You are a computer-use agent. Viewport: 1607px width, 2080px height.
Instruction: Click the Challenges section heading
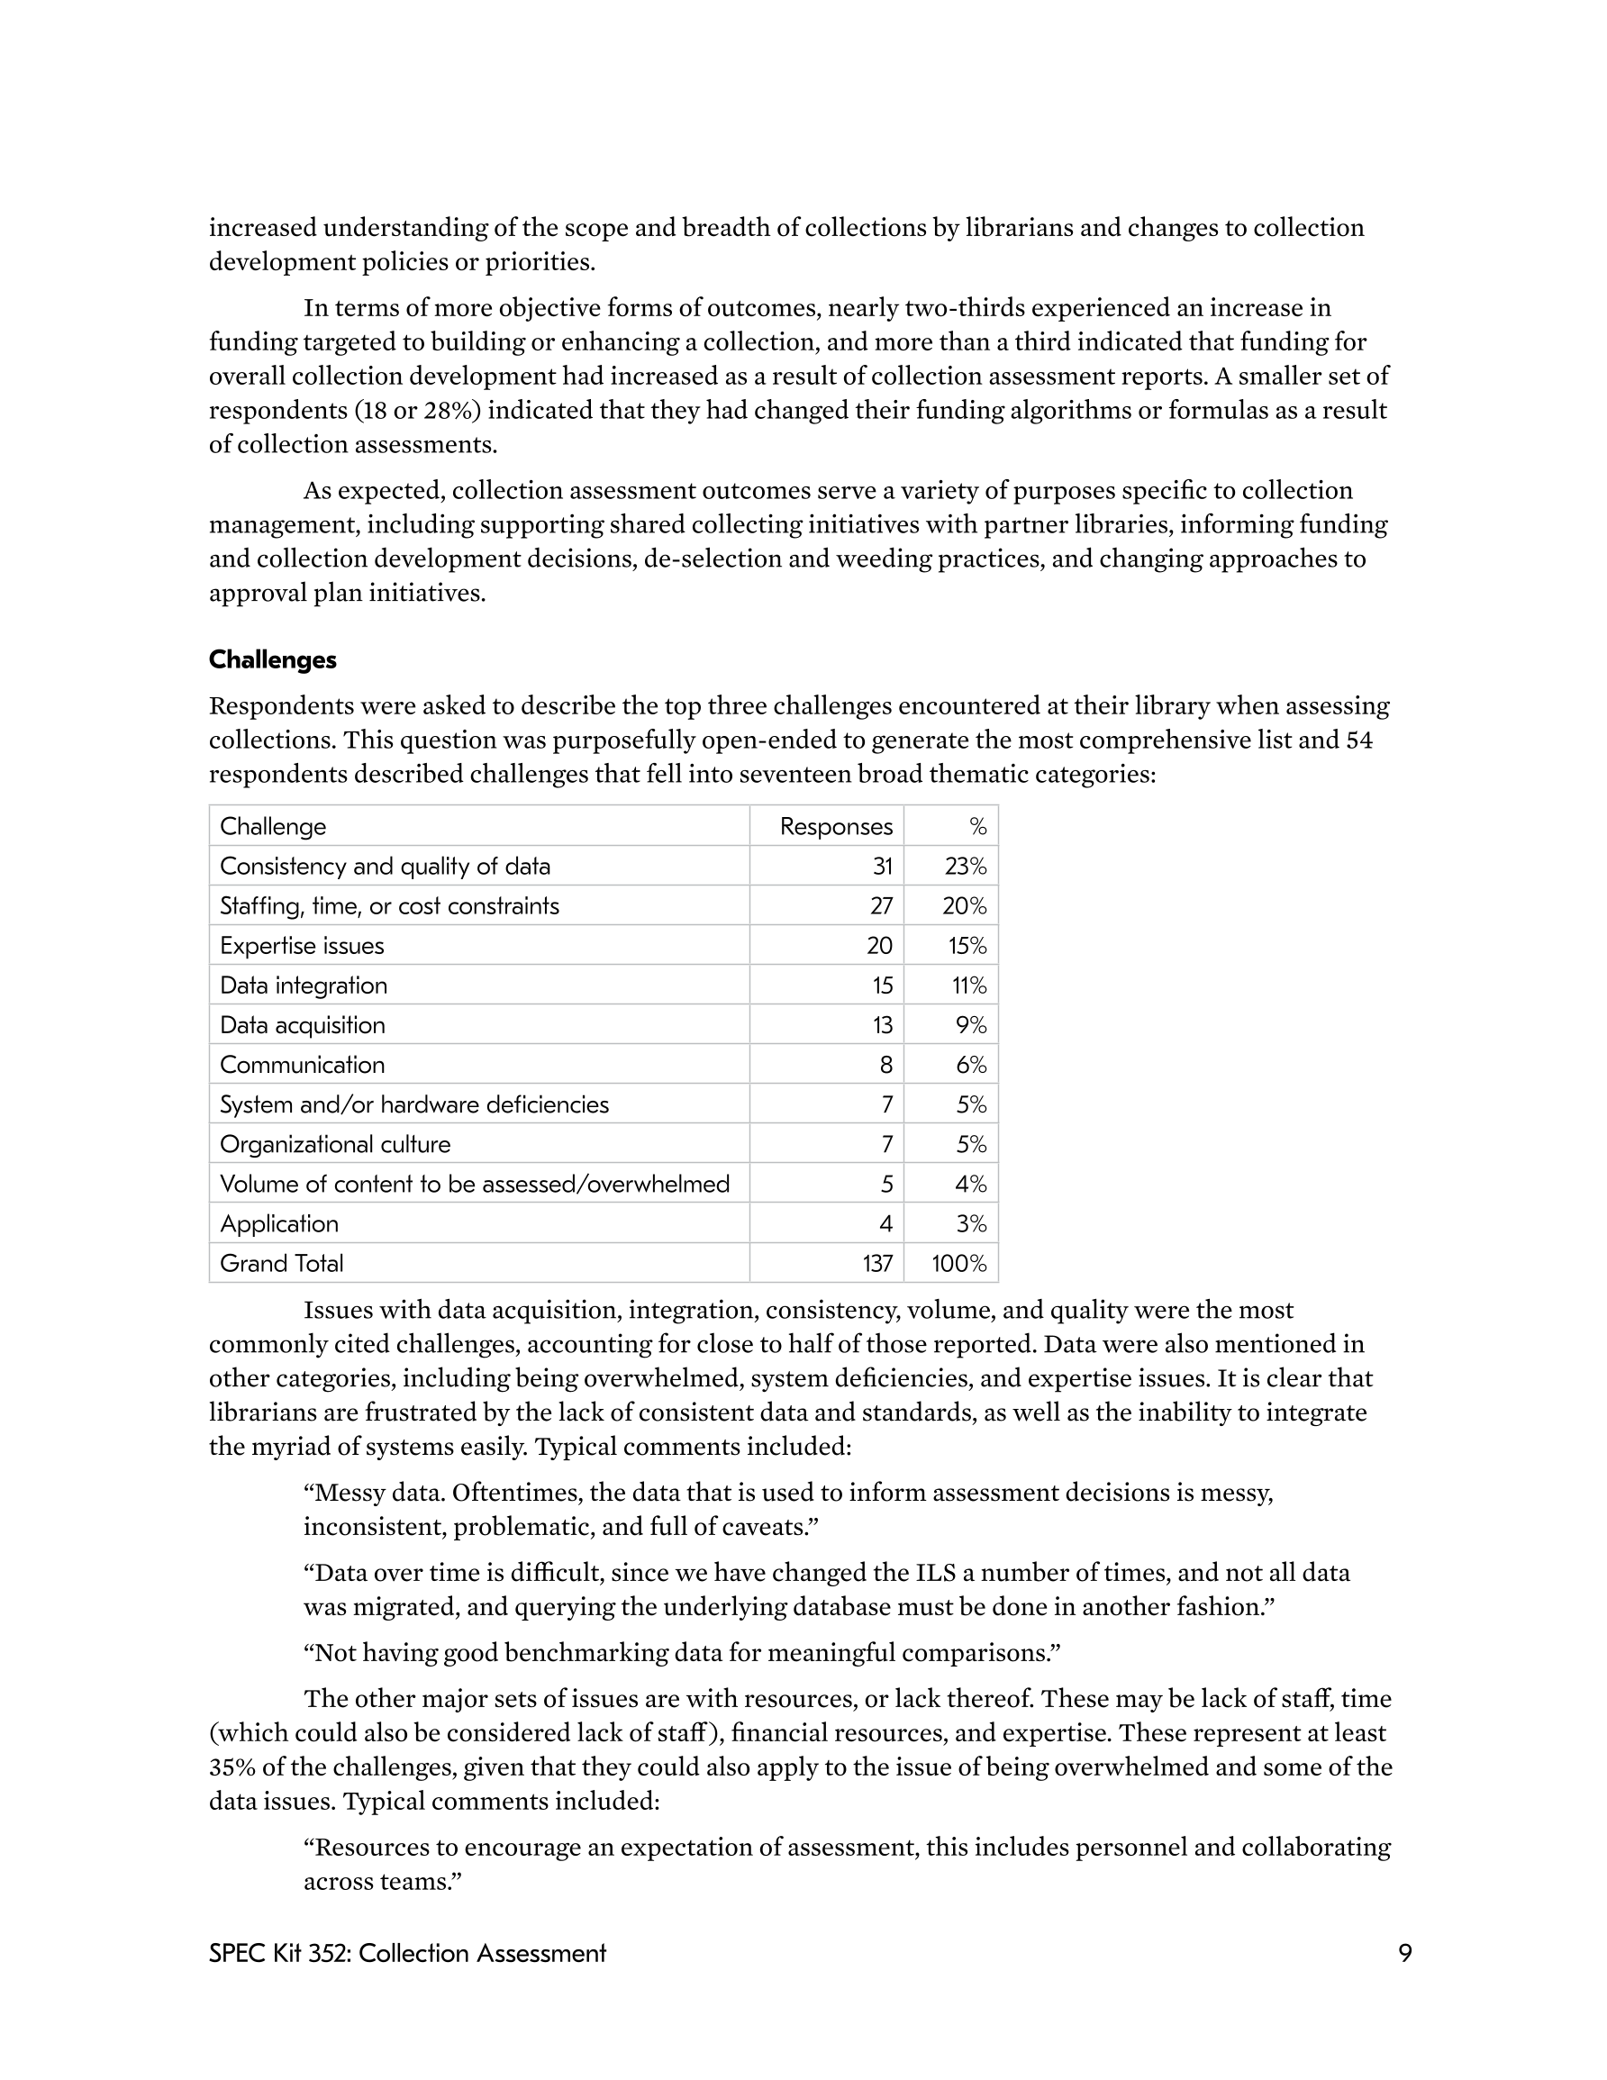pyautogui.click(x=272, y=660)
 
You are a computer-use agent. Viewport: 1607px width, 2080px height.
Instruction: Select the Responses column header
pyautogui.click(x=835, y=827)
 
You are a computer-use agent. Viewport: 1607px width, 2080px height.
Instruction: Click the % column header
pyautogui.click(x=977, y=827)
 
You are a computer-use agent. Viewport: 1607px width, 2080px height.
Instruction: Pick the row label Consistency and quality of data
pyautogui.click(x=385, y=867)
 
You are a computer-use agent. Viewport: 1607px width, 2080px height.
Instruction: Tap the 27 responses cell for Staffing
pyautogui.click(x=880, y=905)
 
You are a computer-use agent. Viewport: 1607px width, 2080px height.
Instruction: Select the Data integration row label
pyautogui.click(x=303, y=986)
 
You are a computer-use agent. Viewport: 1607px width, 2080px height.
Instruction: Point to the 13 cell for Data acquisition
pyautogui.click(x=881, y=1026)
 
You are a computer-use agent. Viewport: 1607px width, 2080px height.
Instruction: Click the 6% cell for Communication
pyautogui.click(x=971, y=1065)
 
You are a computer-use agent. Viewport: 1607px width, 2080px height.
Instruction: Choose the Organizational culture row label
pyautogui.click(x=334, y=1145)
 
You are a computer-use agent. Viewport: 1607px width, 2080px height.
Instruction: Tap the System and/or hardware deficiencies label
pyautogui.click(x=413, y=1104)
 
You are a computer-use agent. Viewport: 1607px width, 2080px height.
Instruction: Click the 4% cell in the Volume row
pyautogui.click(x=971, y=1185)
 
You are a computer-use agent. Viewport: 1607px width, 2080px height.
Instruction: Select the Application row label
pyautogui.click(x=279, y=1224)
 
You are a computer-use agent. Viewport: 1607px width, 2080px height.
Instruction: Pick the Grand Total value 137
pyautogui.click(x=877, y=1264)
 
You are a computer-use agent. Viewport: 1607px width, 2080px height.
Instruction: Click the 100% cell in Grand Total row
pyautogui.click(x=959, y=1264)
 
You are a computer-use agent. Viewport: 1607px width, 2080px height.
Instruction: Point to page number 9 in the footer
pyautogui.click(x=1404, y=1954)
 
